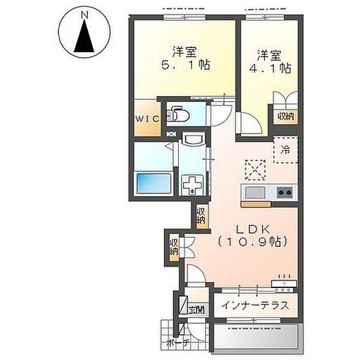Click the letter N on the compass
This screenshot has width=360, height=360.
pyautogui.click(x=85, y=16)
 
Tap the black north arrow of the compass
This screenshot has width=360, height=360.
pyautogui.click(x=84, y=36)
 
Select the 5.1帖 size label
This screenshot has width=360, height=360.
pyautogui.click(x=185, y=65)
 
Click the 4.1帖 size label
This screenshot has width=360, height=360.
pyautogui.click(x=270, y=68)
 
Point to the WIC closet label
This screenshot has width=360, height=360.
pyautogui.click(x=148, y=119)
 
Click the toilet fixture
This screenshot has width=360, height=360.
pyautogui.click(x=178, y=113)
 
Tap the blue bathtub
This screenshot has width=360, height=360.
pyautogui.click(x=154, y=184)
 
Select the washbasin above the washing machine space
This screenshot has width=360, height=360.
pyautogui.click(x=193, y=139)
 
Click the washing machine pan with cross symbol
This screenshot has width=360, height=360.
pyautogui.click(x=193, y=185)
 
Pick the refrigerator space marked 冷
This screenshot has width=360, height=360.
pyautogui.click(x=286, y=150)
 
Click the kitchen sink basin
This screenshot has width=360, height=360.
pyautogui.click(x=255, y=192)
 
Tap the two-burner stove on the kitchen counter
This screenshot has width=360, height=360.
pyautogui.click(x=285, y=192)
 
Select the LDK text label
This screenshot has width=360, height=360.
pyautogui.click(x=253, y=229)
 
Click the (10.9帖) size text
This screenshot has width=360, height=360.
pyautogui.click(x=253, y=241)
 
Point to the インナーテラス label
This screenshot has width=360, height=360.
pyautogui.click(x=255, y=305)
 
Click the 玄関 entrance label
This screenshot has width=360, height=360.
pyautogui.click(x=196, y=310)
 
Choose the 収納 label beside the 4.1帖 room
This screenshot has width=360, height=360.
pyautogui.click(x=286, y=117)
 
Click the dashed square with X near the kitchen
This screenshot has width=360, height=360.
pyautogui.click(x=256, y=170)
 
